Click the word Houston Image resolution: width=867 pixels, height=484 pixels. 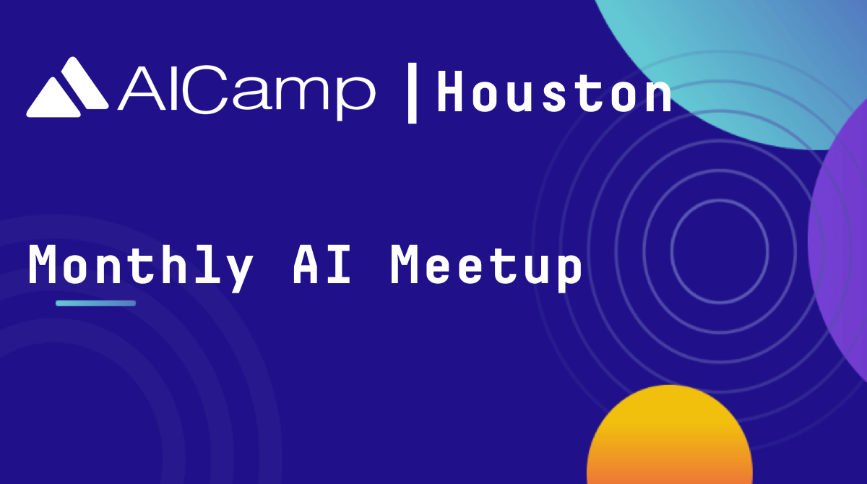coord(554,92)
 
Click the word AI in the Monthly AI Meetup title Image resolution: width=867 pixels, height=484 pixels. coord(322,264)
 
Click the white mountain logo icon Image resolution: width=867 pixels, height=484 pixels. coord(67,87)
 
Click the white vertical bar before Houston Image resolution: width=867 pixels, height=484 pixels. coord(413,93)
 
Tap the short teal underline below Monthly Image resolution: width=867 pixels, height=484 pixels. coord(95,303)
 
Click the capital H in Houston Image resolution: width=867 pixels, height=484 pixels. coord(449,92)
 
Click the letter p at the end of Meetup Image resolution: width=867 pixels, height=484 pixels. coord(569,273)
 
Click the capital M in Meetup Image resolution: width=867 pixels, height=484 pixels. coord(403,264)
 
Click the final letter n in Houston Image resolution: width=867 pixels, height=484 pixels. coord(659,96)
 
